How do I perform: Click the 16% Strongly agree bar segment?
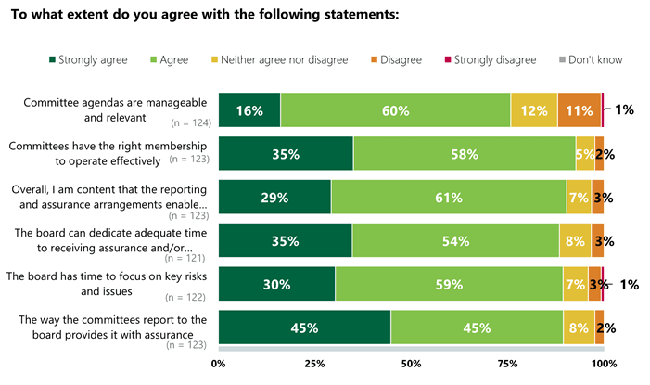pos(249,110)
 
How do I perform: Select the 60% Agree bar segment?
pos(395,110)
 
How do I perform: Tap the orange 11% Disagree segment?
pos(579,110)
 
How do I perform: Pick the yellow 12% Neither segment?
pos(533,110)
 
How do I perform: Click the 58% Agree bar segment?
pos(464,154)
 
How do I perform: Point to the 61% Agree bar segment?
pos(448,198)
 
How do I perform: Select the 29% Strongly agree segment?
pos(274,198)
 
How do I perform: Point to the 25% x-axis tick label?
pos(314,364)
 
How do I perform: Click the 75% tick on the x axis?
pos(506,364)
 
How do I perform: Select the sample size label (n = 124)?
pos(189,122)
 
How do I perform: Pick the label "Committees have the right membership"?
pos(105,146)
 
